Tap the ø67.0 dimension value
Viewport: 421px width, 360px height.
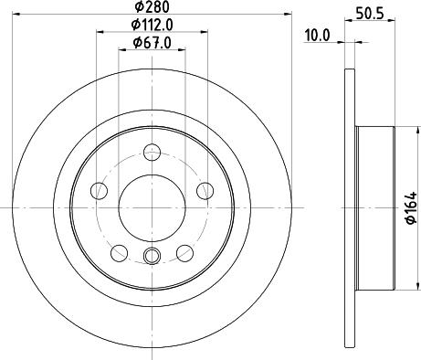[153, 42]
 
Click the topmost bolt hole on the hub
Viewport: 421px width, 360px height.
[153, 153]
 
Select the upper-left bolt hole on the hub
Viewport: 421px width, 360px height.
[100, 191]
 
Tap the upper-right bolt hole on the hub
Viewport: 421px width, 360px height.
[205, 191]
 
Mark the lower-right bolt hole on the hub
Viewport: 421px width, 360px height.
[185, 253]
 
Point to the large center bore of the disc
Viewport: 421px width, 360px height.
[153, 207]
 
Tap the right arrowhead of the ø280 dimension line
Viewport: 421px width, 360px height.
[286, 15]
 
